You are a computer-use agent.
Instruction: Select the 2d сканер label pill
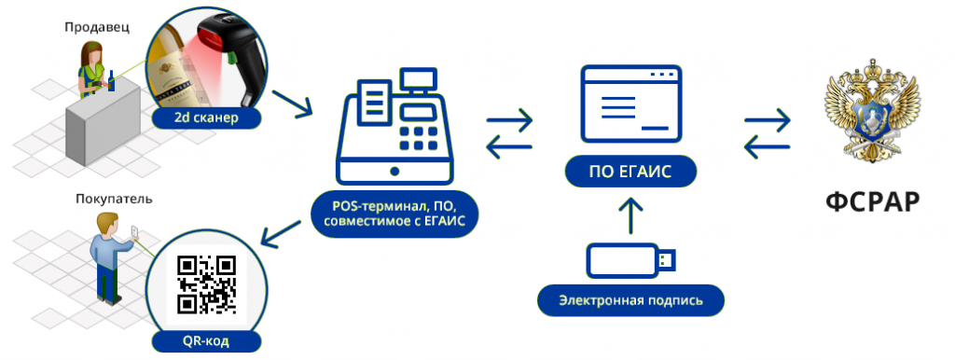pyautogui.click(x=206, y=118)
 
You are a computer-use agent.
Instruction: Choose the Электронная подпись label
pyautogui.click(x=630, y=300)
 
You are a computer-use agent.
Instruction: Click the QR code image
pyautogui.click(x=206, y=284)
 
